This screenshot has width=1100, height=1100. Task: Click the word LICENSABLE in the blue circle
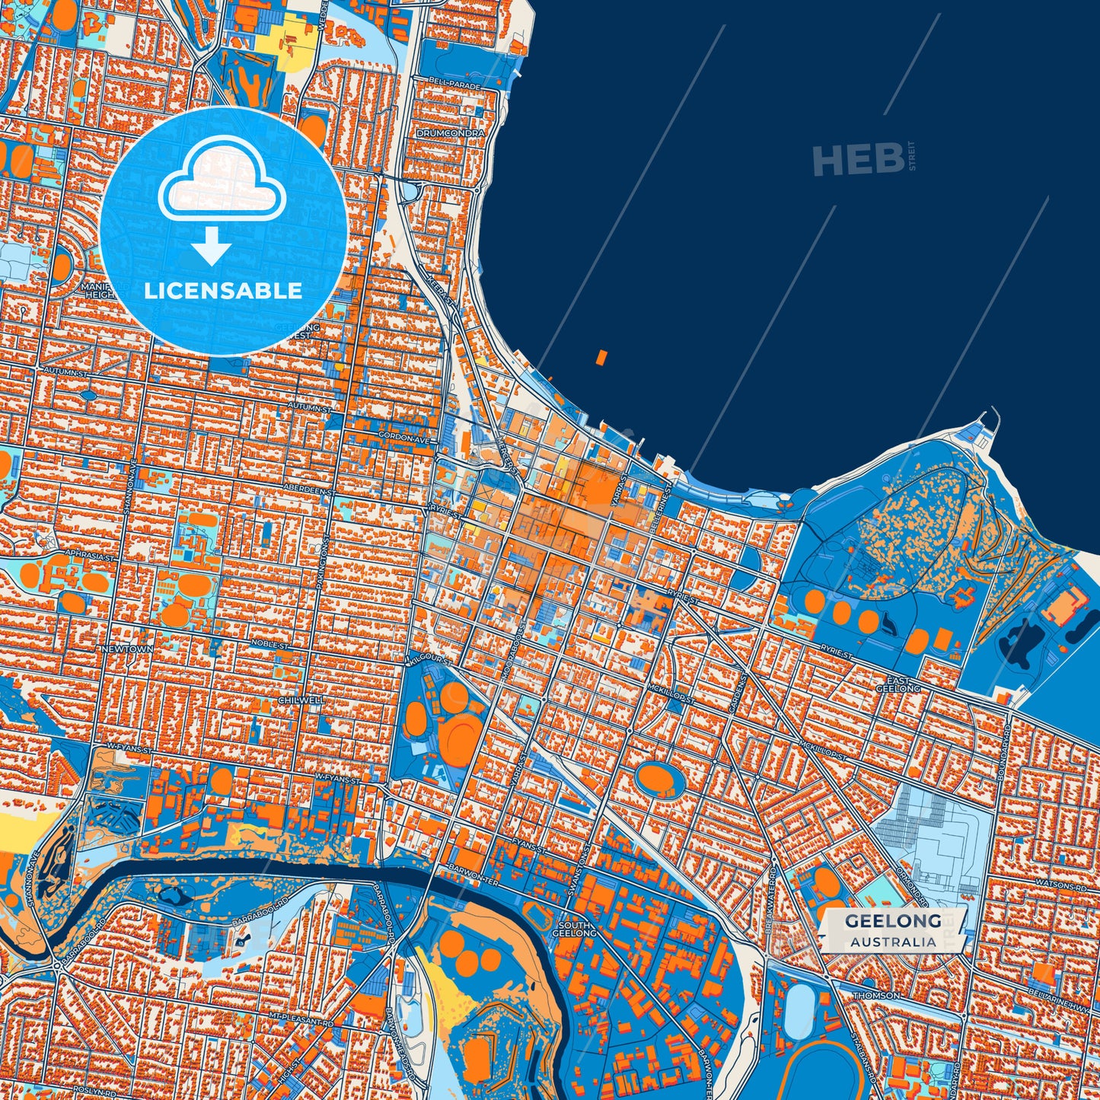pyautogui.click(x=223, y=291)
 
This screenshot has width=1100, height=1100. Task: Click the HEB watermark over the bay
pyautogui.click(x=858, y=159)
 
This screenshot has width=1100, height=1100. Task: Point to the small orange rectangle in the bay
pyautogui.click(x=602, y=357)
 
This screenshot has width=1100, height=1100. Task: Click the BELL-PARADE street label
pyautogui.click(x=454, y=88)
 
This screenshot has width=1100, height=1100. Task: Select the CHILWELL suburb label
pyautogui.click(x=301, y=700)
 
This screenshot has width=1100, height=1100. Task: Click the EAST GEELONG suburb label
pyautogui.click(x=903, y=684)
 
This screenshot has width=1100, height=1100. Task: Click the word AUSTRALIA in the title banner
pyautogui.click(x=893, y=942)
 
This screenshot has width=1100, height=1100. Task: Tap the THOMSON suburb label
pyautogui.click(x=876, y=995)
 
